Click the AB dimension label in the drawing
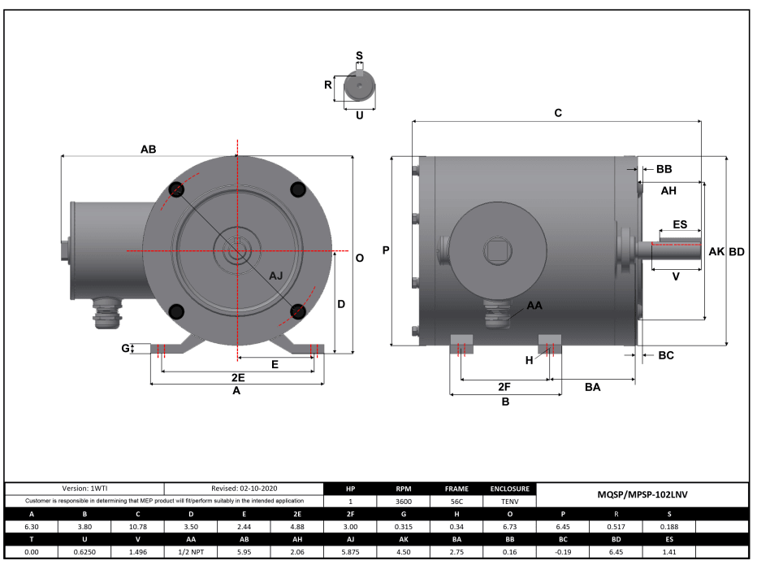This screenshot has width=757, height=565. pyautogui.click(x=148, y=150)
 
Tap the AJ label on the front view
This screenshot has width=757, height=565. pyautogui.click(x=276, y=276)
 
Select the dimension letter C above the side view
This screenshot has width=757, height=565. pyautogui.click(x=558, y=114)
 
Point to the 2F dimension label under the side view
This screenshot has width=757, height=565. pyautogui.click(x=504, y=387)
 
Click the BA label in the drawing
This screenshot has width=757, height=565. pyautogui.click(x=593, y=387)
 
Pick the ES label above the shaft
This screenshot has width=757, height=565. pyautogui.click(x=680, y=224)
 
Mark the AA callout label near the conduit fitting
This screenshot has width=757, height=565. pyautogui.click(x=534, y=306)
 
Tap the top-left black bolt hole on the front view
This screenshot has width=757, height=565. pyautogui.click(x=177, y=190)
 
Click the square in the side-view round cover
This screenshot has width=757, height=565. pyautogui.click(x=496, y=249)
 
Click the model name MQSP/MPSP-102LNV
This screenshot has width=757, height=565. pyautogui.click(x=642, y=494)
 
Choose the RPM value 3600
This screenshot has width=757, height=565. pyautogui.click(x=404, y=502)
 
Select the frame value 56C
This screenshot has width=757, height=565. pyautogui.click(x=456, y=502)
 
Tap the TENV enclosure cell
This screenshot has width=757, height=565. pyautogui.click(x=509, y=502)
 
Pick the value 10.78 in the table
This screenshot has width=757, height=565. pyautogui.click(x=138, y=527)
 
